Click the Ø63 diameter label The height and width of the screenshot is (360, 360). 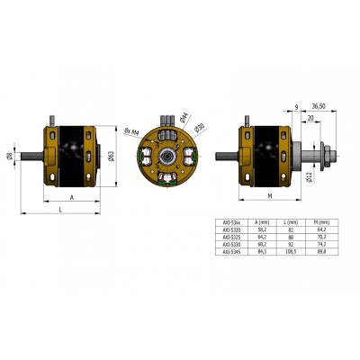110,156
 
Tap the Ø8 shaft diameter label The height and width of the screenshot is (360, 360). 10,157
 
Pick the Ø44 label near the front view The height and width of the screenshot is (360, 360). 184,115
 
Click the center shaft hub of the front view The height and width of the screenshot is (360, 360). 167,157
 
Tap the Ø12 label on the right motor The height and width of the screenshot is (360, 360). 309,176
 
